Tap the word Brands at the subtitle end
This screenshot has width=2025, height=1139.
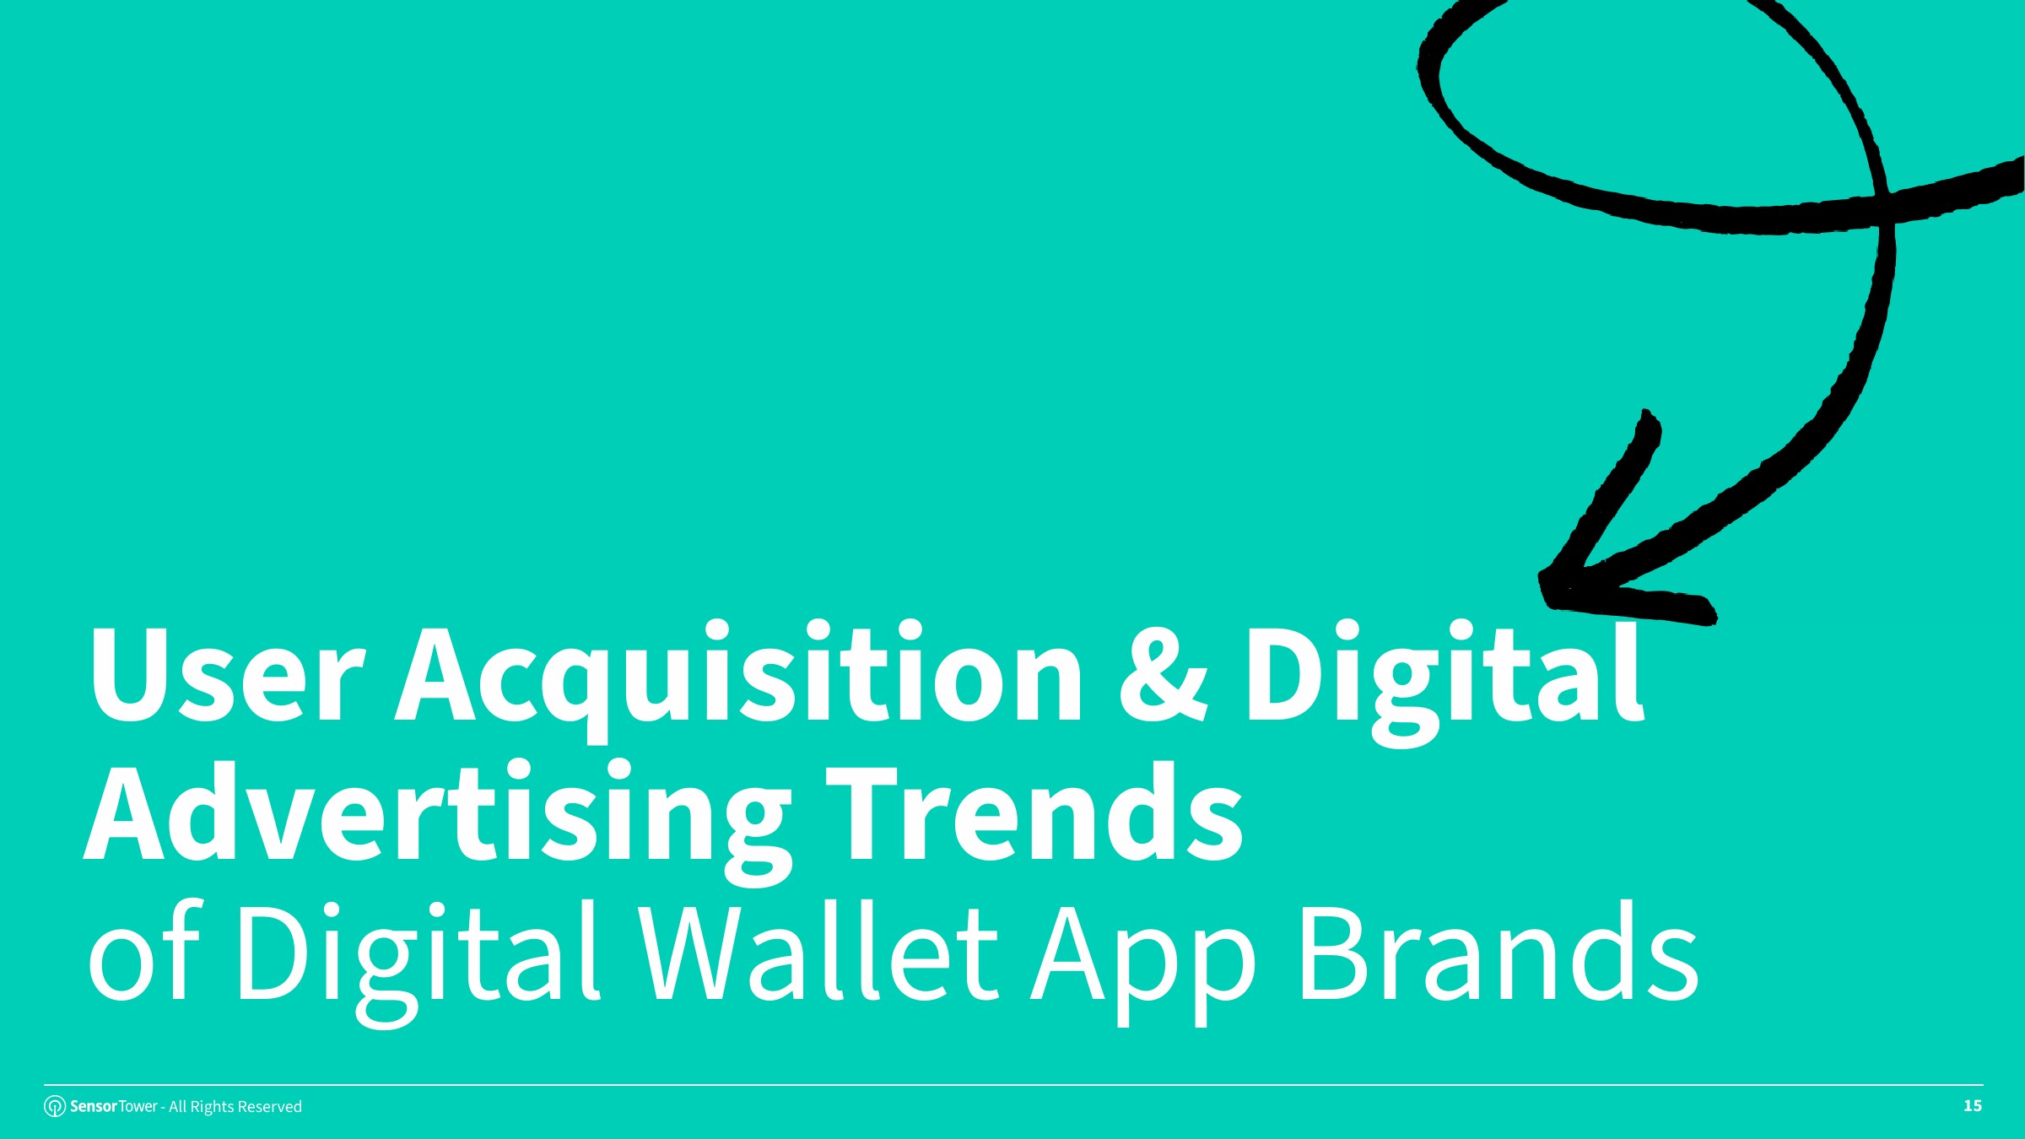pyautogui.click(x=1499, y=952)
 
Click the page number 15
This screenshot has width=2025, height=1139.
pyautogui.click(x=1973, y=1106)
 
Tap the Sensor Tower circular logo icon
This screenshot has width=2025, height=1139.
pyautogui.click(x=55, y=1106)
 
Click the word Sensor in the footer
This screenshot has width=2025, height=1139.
pyautogui.click(x=94, y=1106)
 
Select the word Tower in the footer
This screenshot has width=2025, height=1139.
pyautogui.click(x=138, y=1106)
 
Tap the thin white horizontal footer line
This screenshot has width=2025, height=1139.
pyautogui.click(x=1013, y=1085)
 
